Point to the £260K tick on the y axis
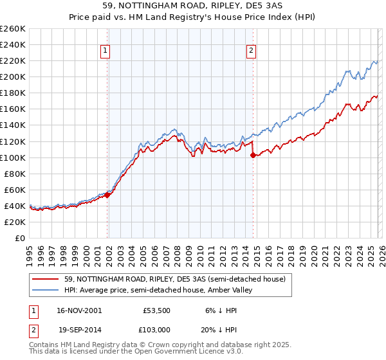tap(13, 29)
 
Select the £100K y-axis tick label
tap(13, 157)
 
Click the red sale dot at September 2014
tap(253, 155)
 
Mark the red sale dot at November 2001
tap(107, 195)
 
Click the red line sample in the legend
tap(46, 279)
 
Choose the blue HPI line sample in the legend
tap(46, 290)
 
